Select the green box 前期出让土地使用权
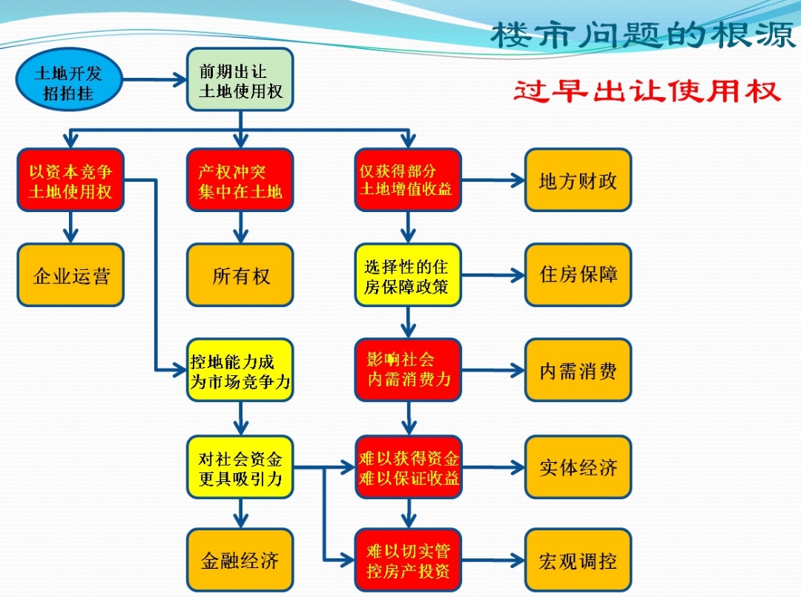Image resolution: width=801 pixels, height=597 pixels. pyautogui.click(x=240, y=80)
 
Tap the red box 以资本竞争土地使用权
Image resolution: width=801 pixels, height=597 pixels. pyautogui.click(x=70, y=180)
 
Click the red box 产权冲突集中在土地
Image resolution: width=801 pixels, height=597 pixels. pyautogui.click(x=240, y=180)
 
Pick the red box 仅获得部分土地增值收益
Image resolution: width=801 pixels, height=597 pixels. pyautogui.click(x=407, y=180)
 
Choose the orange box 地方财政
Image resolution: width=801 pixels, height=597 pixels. pyautogui.click(x=578, y=180)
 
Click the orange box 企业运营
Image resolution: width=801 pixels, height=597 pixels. pyautogui.click(x=70, y=275)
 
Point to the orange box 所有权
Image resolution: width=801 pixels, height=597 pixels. pyautogui.click(x=240, y=275)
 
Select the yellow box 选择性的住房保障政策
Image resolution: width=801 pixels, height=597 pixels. pyautogui.click(x=407, y=275)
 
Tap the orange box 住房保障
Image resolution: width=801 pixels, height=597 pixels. pyautogui.click(x=578, y=275)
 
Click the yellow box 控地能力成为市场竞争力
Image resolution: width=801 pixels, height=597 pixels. pyautogui.click(x=240, y=371)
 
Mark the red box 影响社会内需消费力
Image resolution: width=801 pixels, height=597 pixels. pyautogui.click(x=407, y=371)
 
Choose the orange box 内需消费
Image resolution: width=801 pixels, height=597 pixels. pyautogui.click(x=578, y=371)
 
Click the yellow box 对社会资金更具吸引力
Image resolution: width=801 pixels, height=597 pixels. pyautogui.click(x=240, y=467)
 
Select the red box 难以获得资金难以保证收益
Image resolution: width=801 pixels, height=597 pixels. pyautogui.click(x=407, y=467)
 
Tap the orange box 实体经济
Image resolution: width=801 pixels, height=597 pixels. pyautogui.click(x=578, y=467)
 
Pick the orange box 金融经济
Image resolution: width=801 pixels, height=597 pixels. pyautogui.click(x=240, y=560)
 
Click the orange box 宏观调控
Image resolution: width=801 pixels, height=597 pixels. pyautogui.click(x=578, y=560)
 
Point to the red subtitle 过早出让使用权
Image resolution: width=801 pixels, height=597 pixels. pyautogui.click(x=647, y=91)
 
